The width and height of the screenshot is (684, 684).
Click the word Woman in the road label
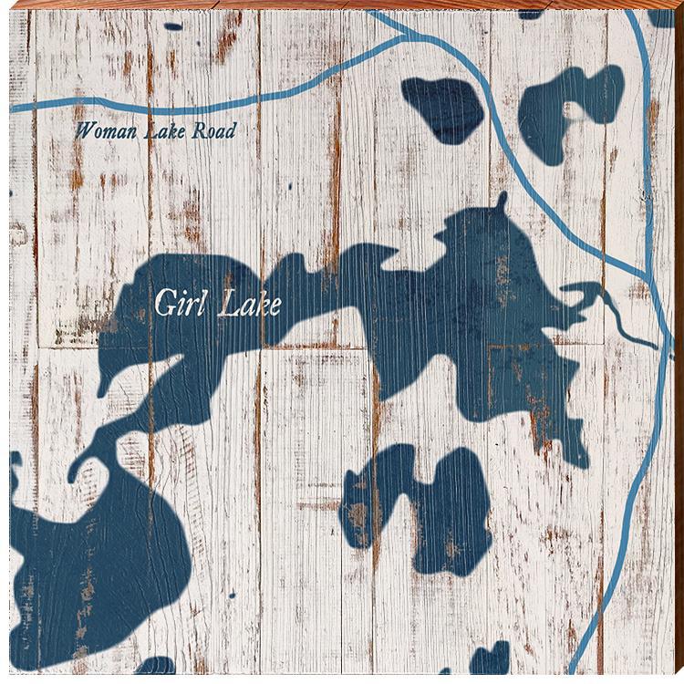coord(102,130)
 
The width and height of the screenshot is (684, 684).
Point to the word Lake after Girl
coord(245,304)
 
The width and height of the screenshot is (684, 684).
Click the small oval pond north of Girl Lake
coord(444,108)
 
